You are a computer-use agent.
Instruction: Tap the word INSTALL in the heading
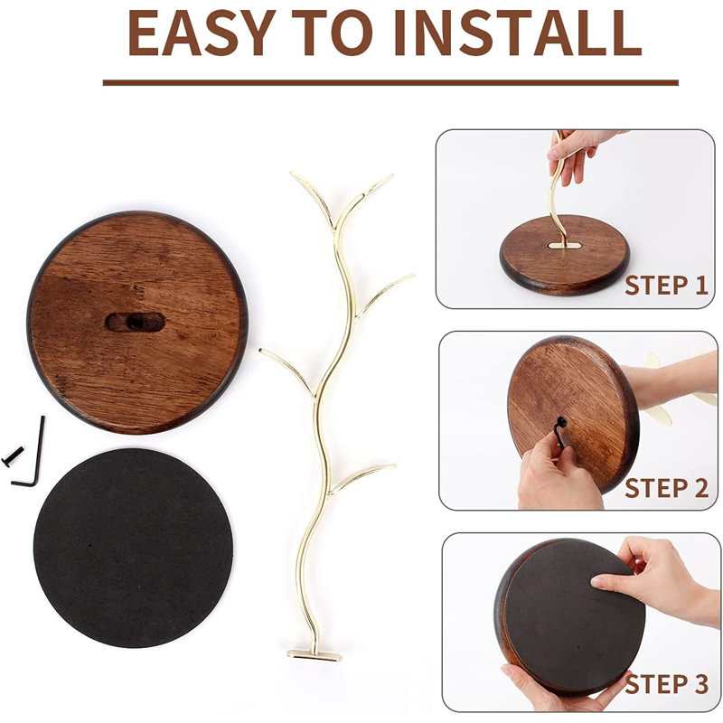pos(517,33)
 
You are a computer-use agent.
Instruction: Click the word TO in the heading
pos(333,33)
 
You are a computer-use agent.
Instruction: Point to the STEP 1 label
pos(666,286)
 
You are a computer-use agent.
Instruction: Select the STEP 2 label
pos(666,487)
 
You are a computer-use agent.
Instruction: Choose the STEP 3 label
pos(666,683)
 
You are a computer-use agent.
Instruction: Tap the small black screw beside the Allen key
pos(13,456)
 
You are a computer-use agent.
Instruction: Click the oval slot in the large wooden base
pos(135,322)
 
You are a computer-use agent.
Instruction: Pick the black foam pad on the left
pos(133,548)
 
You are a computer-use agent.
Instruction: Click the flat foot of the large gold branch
pos(315,655)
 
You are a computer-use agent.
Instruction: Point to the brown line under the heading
pos(390,82)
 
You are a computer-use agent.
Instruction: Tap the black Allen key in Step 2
pos(559,431)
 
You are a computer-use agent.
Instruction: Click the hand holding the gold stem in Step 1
pos(577,155)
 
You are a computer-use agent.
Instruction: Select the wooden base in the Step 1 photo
pos(565,255)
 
